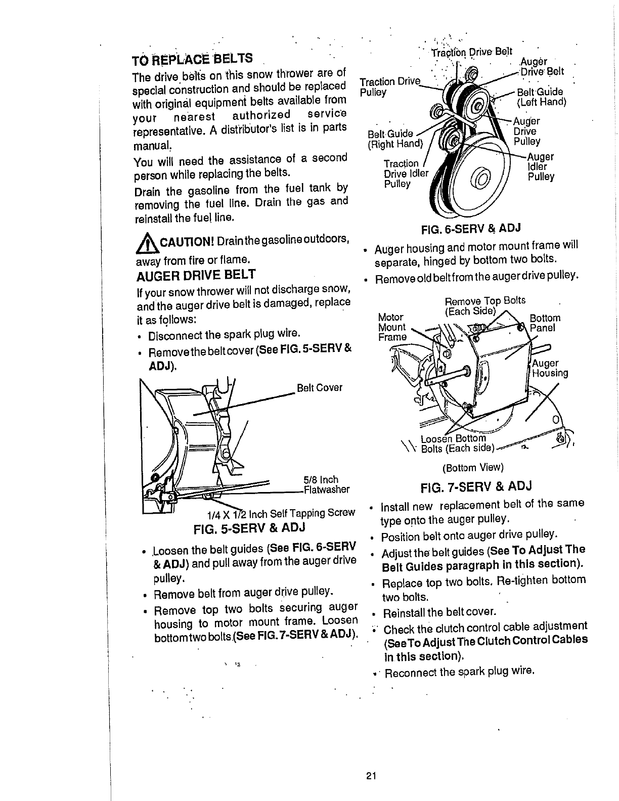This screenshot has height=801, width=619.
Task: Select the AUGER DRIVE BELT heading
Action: pos(196,276)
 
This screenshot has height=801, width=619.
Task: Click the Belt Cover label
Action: pos(320,388)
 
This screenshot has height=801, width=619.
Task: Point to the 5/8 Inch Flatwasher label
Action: pos(326,484)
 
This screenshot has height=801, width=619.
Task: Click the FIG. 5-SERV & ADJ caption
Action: pos(250,528)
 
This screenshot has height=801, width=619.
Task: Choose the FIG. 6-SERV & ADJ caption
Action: pos(471,229)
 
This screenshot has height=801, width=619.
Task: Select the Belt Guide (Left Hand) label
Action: pos(541,97)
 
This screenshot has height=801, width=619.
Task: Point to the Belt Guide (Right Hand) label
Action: pos(394,139)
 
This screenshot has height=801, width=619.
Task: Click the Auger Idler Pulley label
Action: pos(541,167)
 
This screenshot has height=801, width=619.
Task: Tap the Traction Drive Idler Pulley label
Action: pos(403,173)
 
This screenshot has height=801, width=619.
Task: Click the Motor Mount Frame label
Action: pos(392,327)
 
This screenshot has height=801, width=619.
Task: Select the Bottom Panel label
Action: pos(544,323)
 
